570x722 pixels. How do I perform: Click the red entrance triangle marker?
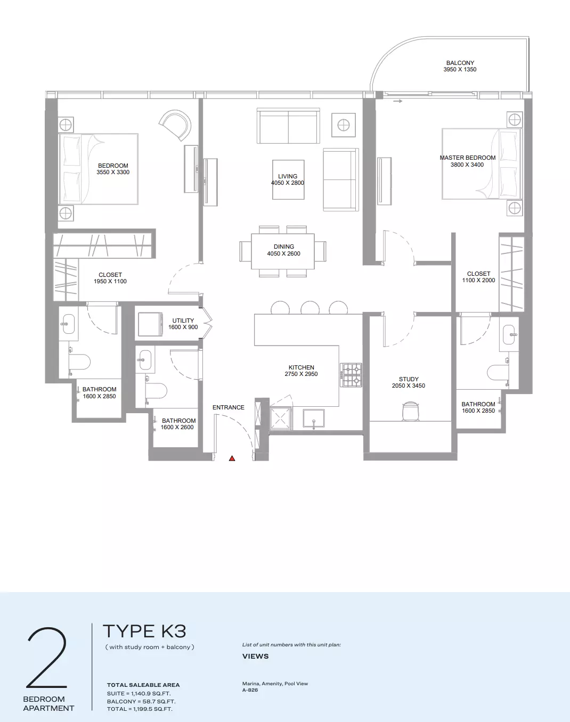[x=232, y=458]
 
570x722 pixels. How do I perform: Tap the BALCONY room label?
[x=460, y=63]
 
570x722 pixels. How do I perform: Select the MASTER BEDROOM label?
[x=468, y=158]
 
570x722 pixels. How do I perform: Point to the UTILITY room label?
[x=183, y=321]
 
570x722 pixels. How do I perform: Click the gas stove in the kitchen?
[x=351, y=375]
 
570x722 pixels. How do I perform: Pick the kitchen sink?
[x=314, y=419]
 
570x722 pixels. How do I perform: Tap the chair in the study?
[x=410, y=411]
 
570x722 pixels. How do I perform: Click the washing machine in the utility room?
[x=150, y=324]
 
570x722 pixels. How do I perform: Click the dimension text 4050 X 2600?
[x=283, y=253]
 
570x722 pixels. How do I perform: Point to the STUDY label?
[x=409, y=379]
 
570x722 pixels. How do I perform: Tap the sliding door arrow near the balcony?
[x=398, y=101]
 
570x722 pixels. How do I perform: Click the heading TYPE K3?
[x=144, y=631]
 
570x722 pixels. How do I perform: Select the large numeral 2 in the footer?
[x=47, y=658]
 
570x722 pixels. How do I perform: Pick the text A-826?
[x=250, y=690]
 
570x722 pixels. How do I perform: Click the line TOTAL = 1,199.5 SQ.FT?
[x=140, y=709]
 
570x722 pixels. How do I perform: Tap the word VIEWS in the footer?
[x=256, y=656]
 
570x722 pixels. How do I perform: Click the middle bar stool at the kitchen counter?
[x=310, y=308]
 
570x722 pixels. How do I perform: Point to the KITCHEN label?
[x=301, y=367]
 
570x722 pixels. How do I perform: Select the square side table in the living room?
[x=344, y=125]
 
